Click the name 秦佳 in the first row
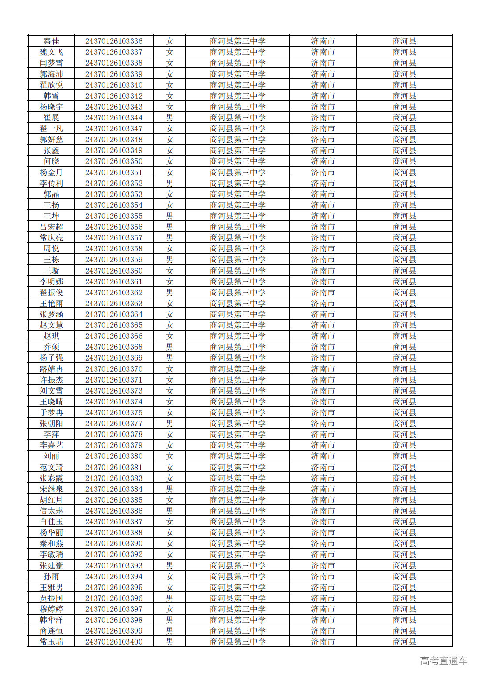(x=51, y=41)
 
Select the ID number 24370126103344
(x=114, y=118)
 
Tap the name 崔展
(x=51, y=118)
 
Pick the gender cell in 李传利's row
(x=169, y=184)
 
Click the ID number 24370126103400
(x=114, y=642)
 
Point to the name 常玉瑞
(x=51, y=642)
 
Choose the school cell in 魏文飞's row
(x=237, y=52)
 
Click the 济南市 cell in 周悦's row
(x=323, y=249)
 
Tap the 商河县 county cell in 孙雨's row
(x=404, y=577)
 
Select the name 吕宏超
(x=51, y=227)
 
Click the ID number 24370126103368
(x=114, y=347)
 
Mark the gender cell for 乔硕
(x=169, y=347)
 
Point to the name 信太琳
(x=51, y=511)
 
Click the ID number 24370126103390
(x=114, y=544)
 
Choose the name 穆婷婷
(x=51, y=609)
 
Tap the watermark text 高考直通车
(x=443, y=661)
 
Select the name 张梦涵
(x=51, y=314)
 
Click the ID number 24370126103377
(x=114, y=424)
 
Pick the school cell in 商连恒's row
(x=237, y=631)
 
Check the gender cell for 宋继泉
(x=169, y=489)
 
